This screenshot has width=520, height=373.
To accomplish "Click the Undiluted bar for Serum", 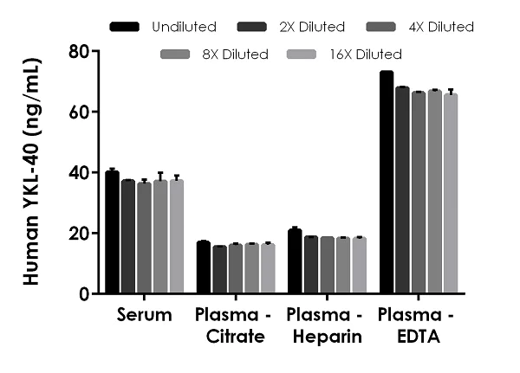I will tap(112, 233).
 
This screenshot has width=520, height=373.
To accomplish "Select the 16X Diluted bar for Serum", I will tap(177, 237).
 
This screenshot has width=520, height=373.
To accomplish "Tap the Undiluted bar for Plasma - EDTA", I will tap(387, 183).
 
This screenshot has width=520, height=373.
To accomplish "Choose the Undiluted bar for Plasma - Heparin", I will tap(295, 261).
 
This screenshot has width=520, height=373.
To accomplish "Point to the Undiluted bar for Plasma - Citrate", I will tap(204, 267).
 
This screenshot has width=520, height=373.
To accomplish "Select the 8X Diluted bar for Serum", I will tap(160, 237).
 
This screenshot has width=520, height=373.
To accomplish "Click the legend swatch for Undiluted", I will tap(127, 28).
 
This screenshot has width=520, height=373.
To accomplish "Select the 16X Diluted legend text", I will tap(367, 55).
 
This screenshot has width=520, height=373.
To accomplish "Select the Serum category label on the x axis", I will tap(144, 315).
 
